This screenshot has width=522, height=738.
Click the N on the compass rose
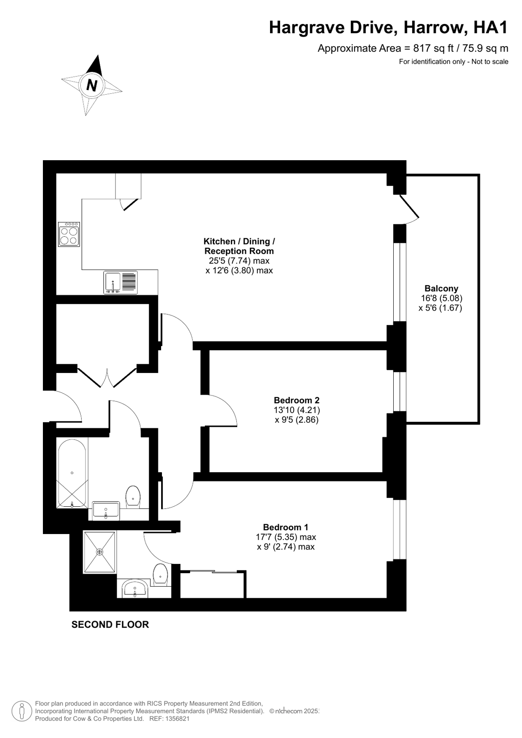91,85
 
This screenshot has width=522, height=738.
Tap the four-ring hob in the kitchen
69,234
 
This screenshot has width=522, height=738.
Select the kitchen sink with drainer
120,282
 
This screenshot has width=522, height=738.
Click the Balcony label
441,288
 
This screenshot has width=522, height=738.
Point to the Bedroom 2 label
297,400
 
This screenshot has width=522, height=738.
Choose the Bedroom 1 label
286,527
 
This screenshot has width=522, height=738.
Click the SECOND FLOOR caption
110,624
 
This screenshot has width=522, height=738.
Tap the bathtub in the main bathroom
72,473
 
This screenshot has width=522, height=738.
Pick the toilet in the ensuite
161,575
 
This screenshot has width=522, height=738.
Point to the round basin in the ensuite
135,589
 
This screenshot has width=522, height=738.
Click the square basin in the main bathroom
106,511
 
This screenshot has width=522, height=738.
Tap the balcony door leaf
409,206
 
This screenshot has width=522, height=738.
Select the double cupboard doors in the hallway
107,378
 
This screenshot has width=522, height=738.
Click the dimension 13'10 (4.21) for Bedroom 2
297,410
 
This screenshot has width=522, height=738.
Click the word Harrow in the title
435,28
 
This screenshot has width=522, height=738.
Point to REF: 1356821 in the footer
169,719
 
